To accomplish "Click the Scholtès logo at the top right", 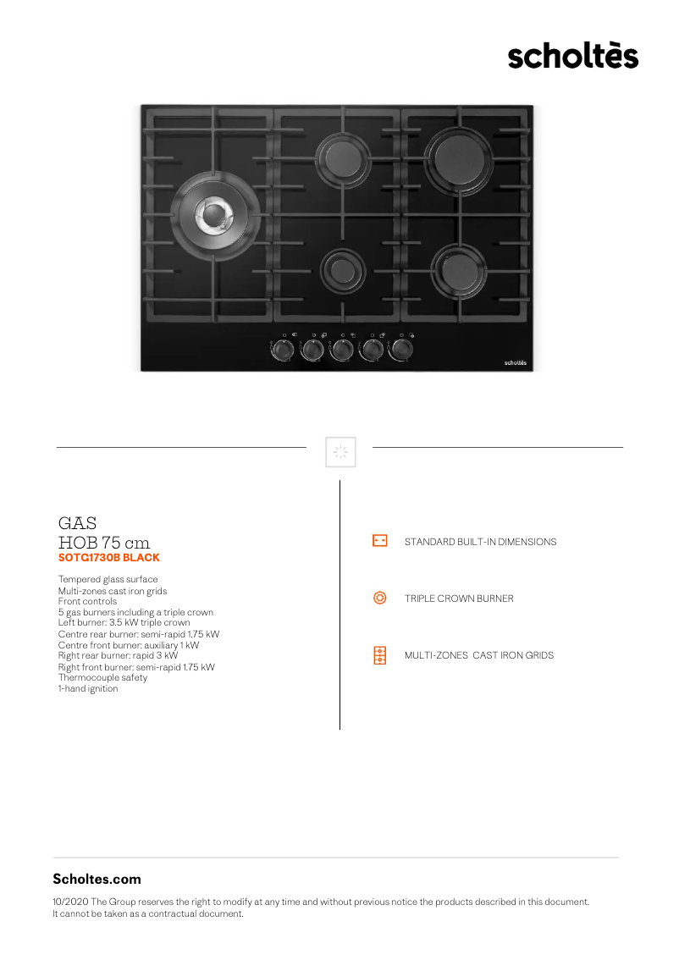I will (573, 56).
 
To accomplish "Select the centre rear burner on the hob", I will (342, 157).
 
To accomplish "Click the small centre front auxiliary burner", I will (342, 270).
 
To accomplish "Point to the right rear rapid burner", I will (459, 156).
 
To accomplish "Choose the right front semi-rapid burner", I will (459, 270).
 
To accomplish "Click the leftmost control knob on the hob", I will (284, 349).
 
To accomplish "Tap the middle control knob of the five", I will (342, 349).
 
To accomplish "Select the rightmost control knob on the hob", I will (400, 349).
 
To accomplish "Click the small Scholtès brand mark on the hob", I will (516, 361).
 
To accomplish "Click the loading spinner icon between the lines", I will (340, 452).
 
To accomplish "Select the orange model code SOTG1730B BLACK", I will (108, 558).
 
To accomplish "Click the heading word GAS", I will (77, 523).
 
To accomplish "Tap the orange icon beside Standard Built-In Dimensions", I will (380, 541).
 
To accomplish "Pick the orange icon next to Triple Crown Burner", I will (380, 598).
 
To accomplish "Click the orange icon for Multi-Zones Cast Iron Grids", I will (380, 655).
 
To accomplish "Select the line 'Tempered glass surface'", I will (108, 579).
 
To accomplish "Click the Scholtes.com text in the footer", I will (97, 879).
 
